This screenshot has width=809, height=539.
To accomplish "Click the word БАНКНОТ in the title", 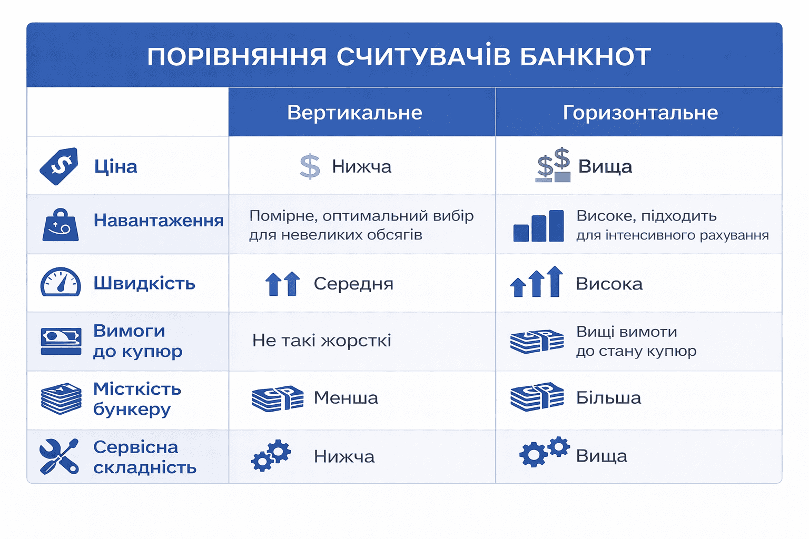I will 585,57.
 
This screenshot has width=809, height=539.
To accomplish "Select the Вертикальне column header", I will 354,113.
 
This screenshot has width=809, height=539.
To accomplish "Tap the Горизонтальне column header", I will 640,113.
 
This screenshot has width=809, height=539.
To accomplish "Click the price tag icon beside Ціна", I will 60,166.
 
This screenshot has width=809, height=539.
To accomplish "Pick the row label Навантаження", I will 159,220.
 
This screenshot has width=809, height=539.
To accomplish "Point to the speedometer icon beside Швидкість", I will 61,282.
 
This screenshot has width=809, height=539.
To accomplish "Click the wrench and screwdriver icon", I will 59,456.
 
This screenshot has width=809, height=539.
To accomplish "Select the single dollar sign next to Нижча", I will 310,167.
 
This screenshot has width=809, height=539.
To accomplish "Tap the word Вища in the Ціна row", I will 605,167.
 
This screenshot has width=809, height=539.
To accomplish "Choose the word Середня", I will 353,284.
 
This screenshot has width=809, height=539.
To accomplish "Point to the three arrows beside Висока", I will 536,282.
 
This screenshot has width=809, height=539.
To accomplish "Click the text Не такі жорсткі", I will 321,341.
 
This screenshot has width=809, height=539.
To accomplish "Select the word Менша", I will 346,398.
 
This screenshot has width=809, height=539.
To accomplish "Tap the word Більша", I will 608,398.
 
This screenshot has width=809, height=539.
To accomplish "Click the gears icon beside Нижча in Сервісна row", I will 271,455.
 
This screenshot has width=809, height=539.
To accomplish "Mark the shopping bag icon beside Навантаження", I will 61,225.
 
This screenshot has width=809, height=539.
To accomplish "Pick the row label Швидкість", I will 144,283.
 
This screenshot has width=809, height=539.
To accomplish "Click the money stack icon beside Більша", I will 537,397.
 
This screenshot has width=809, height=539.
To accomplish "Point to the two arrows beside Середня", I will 283,284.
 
